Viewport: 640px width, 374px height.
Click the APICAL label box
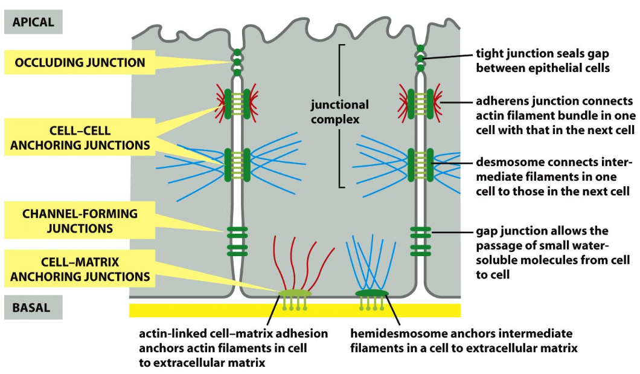point(34,22)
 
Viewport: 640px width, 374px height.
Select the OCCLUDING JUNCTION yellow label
point(80,62)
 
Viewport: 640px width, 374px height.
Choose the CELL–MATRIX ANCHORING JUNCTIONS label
point(80,270)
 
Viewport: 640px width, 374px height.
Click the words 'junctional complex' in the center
point(339,112)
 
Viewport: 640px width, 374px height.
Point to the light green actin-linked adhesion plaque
point(295,294)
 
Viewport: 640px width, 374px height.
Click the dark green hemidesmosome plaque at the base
point(372,294)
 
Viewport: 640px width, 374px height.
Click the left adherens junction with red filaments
point(237,103)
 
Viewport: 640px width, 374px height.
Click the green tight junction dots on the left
point(237,62)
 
